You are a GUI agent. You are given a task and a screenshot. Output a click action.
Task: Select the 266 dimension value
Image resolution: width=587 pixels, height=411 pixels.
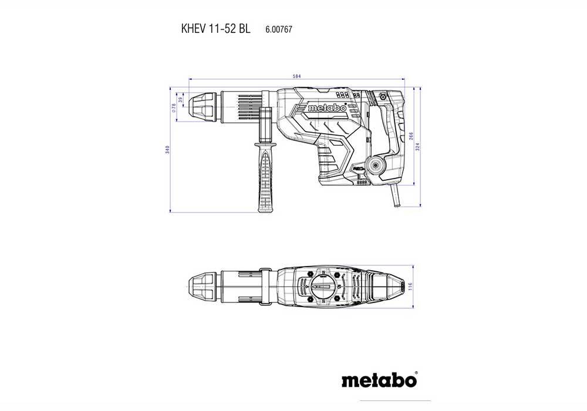point(411,136)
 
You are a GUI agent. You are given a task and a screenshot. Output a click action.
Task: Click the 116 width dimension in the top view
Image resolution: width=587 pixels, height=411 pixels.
point(411,287)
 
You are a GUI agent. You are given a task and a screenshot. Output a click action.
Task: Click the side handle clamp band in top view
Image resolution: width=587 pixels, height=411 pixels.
point(262,287)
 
